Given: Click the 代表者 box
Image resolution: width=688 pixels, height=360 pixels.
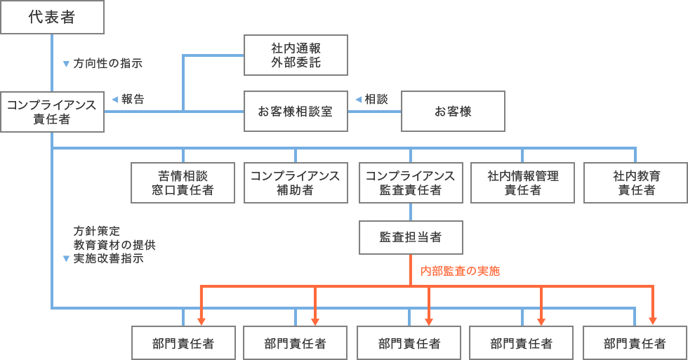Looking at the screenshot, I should pos(52,18).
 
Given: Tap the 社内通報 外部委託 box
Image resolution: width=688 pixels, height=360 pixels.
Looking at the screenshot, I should pos(296,55).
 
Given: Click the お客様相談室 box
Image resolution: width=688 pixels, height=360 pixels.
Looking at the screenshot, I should pos(296,112).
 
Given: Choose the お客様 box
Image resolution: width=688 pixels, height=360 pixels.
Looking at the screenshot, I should pos(453,112).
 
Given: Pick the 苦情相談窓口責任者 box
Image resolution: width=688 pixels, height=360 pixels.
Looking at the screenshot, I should pos(183,182).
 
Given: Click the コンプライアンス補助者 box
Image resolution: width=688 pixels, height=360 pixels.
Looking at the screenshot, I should pos(296,182).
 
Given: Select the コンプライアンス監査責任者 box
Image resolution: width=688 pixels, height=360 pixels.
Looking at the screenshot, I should pos(410,182).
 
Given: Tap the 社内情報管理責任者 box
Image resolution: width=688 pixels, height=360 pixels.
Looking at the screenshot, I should pos(523,182).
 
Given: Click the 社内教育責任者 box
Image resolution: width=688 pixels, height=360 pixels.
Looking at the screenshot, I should pos(636,182).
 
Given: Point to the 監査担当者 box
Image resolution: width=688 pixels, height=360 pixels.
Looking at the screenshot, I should pos(410,237).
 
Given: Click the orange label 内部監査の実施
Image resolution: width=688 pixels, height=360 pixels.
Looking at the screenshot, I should pos(460,271).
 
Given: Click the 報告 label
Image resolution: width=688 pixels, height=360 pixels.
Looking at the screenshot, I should pos(133,100).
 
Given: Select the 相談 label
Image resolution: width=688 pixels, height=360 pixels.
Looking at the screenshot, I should pos(376,100).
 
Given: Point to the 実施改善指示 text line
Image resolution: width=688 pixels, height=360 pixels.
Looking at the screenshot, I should pos(108,258).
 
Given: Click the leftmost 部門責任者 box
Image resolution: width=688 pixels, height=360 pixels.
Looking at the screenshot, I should pos(183,343).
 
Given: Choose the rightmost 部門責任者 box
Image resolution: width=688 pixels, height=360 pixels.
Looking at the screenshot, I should pos(635,343).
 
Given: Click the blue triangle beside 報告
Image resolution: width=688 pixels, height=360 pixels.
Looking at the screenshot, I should pos(114,100).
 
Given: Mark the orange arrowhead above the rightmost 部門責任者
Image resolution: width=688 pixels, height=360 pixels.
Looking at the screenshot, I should pos(653,320).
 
